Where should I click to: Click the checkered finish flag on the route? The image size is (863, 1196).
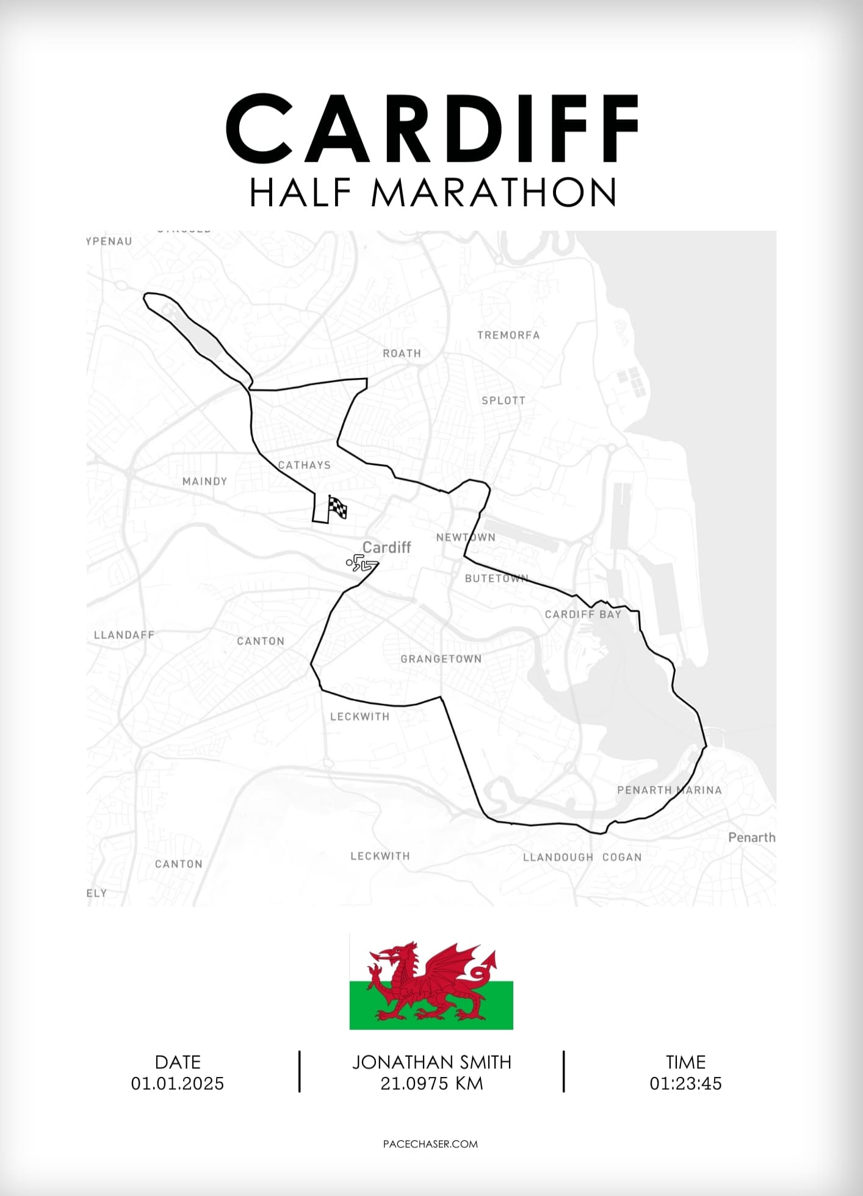(337, 507)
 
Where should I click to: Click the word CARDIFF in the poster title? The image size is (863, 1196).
(432, 129)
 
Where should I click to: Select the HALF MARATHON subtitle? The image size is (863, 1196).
(433, 193)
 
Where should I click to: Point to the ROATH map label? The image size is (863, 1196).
(402, 353)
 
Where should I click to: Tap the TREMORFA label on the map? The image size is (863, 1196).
(508, 335)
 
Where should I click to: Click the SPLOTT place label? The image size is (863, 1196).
(504, 400)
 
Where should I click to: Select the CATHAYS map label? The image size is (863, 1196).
(305, 465)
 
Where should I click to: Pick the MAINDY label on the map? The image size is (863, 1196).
(204, 482)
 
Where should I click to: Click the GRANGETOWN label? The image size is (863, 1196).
(441, 659)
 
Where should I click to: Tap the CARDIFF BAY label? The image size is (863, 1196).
(583, 614)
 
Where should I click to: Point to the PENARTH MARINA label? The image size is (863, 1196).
(669, 790)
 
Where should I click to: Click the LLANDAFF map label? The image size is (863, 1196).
(124, 635)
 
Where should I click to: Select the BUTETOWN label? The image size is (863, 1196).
(496, 578)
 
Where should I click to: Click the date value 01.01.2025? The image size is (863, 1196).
(178, 1084)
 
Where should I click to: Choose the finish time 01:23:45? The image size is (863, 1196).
(685, 1084)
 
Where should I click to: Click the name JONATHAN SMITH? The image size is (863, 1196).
(431, 1062)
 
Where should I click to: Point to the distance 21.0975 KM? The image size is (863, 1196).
(431, 1084)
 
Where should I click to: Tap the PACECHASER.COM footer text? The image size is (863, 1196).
(430, 1144)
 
